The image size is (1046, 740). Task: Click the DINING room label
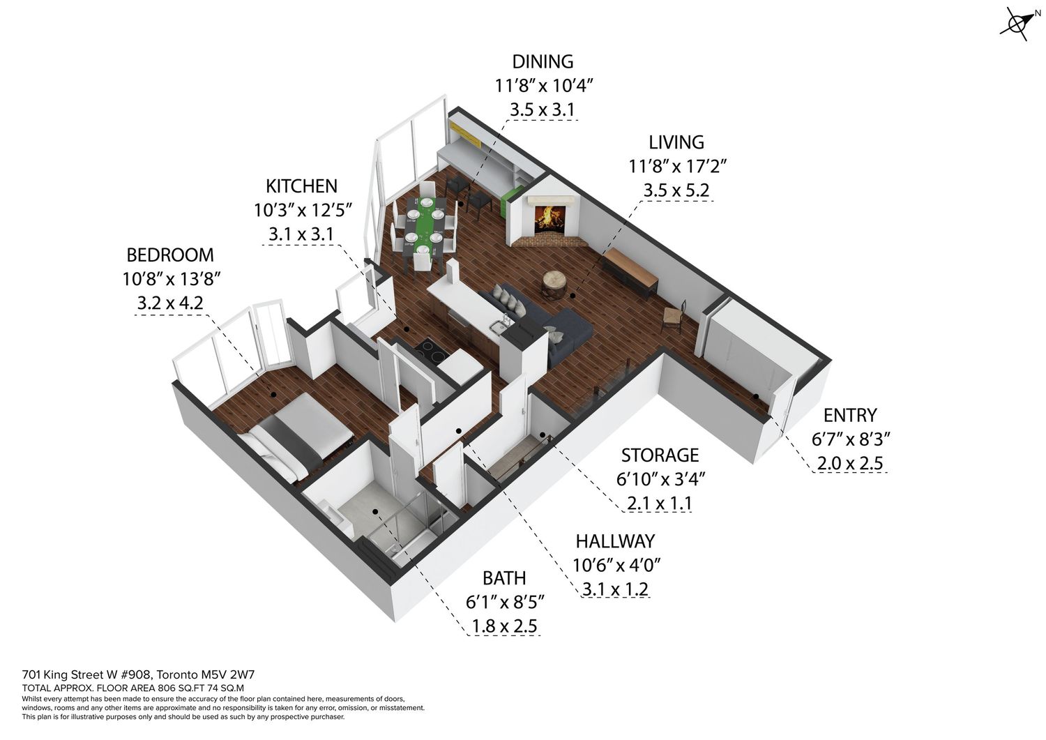(x=543, y=61)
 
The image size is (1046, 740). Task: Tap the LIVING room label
(x=676, y=142)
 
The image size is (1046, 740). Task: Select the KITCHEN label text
(x=301, y=186)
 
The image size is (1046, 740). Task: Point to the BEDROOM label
(x=170, y=255)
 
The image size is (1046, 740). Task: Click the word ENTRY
(x=850, y=415)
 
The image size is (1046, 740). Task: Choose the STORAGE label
(x=660, y=455)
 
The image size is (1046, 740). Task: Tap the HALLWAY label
(x=615, y=541)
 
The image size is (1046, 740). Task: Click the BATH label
(x=504, y=578)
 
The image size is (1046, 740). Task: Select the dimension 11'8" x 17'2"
(x=677, y=166)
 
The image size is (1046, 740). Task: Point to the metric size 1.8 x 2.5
(x=504, y=626)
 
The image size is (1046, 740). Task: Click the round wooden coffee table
(x=554, y=284)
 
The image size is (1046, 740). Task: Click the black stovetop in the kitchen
(x=431, y=350)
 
